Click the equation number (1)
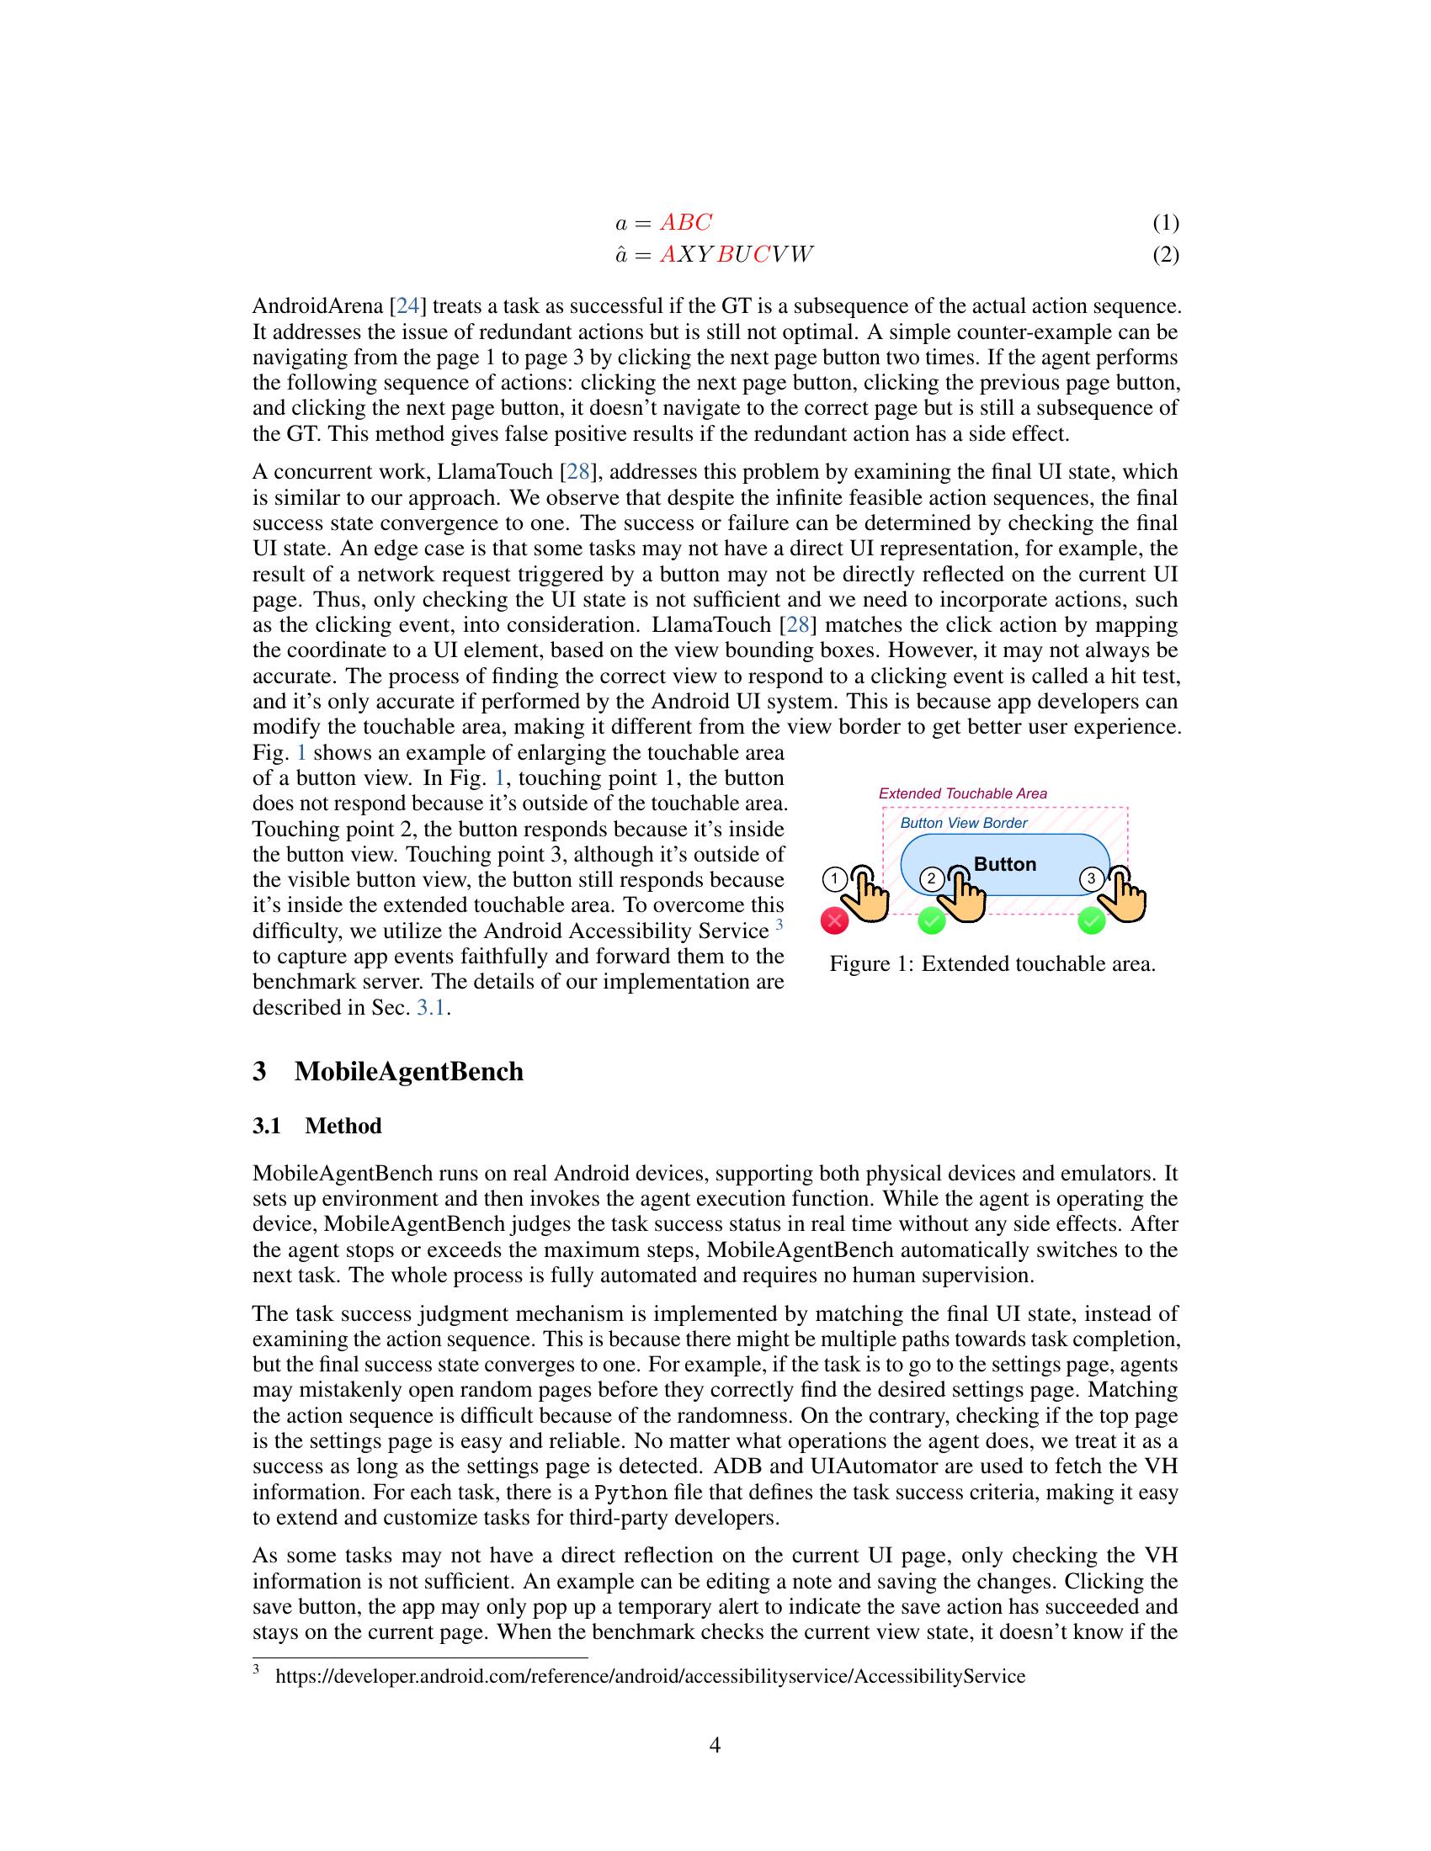(x=1165, y=223)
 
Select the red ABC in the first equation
(x=686, y=223)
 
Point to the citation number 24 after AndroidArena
(x=407, y=306)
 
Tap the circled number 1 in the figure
(x=835, y=879)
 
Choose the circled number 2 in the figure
(x=932, y=878)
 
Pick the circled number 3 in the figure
(x=1091, y=879)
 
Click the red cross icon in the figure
(x=835, y=920)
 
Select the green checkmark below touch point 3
(x=1091, y=920)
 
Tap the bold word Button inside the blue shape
(x=1004, y=864)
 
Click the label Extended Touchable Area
(x=962, y=793)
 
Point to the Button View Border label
(x=963, y=823)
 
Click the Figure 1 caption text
(x=992, y=964)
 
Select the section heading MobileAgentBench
(x=408, y=1071)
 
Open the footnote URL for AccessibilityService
(x=650, y=1676)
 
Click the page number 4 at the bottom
(x=715, y=1745)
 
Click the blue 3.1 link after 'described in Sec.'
(x=431, y=1008)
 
